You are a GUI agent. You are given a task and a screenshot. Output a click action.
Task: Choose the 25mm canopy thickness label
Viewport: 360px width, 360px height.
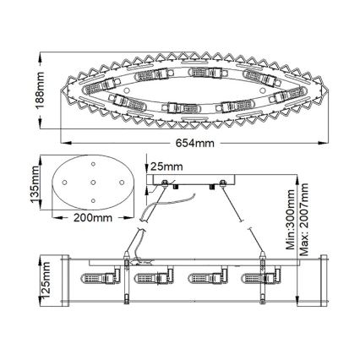(x=166, y=166)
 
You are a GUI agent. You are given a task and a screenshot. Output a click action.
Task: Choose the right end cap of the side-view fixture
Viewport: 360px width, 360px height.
(x=314, y=278)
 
